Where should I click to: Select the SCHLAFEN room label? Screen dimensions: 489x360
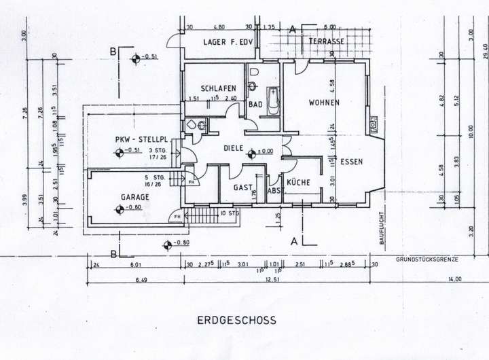click(x=218, y=89)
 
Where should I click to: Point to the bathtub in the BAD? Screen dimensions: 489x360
click(x=274, y=102)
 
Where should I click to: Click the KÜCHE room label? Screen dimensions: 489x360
click(x=298, y=183)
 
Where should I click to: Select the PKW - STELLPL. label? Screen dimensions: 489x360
click(x=141, y=140)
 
